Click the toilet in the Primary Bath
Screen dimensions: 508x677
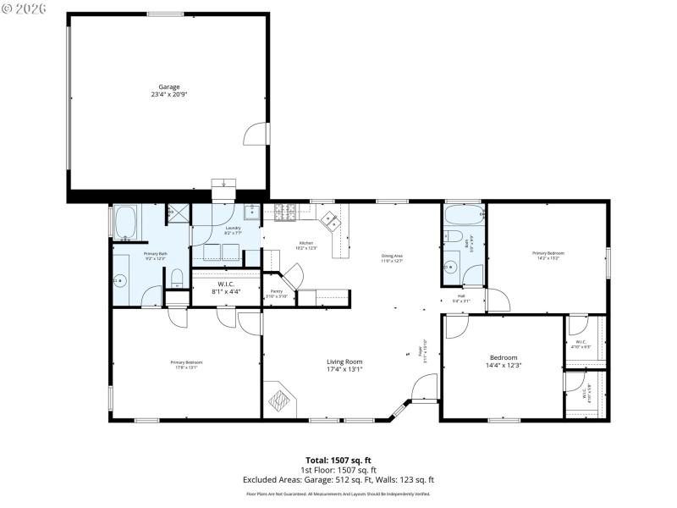click(x=177, y=277)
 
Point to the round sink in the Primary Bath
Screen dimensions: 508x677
click(x=119, y=279)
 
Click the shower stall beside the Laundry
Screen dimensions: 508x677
click(x=178, y=215)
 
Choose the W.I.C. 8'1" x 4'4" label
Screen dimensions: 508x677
click(x=226, y=288)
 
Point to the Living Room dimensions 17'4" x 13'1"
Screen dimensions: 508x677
click(x=344, y=369)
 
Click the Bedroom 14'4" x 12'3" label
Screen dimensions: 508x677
click(x=504, y=362)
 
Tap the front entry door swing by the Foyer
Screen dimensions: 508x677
click(x=423, y=389)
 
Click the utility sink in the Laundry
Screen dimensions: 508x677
click(x=250, y=213)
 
